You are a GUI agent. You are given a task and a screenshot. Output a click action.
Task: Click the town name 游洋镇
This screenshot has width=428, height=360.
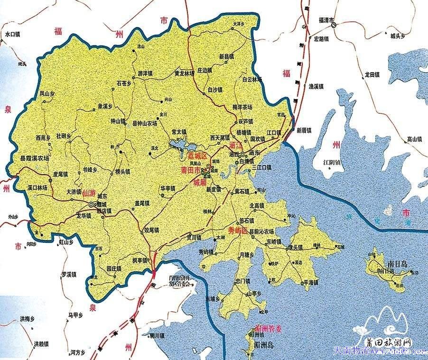point(145,74)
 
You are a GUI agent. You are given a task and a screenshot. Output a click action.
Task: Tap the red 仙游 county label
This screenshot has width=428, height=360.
point(88,193)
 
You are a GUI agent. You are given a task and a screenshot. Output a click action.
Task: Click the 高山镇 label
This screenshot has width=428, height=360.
point(414,139)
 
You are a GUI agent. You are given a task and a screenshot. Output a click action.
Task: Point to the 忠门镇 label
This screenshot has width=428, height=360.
point(242,281)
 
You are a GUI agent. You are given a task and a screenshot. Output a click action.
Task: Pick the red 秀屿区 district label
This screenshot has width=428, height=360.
point(238,231)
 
